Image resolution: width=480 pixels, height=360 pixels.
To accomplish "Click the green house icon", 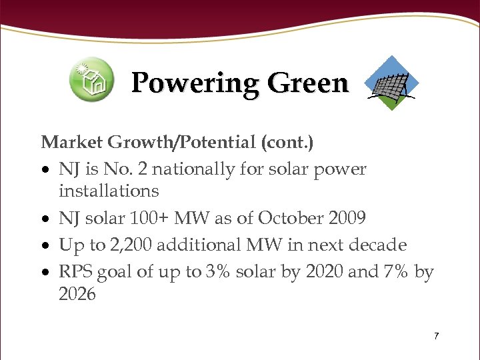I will tap(92, 80).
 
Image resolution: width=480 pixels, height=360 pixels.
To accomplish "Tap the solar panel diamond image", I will tap(393, 83).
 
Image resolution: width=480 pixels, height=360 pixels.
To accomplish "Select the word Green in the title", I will tap(308, 83).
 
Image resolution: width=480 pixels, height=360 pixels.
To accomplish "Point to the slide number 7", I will tap(436, 336).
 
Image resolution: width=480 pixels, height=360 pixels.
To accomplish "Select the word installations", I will tap(109, 191).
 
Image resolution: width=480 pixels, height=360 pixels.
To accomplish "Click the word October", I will tap(291, 218).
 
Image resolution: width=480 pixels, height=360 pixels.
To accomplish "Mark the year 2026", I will tap(77, 294).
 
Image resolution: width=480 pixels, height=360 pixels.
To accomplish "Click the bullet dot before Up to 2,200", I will tap(46, 246).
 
